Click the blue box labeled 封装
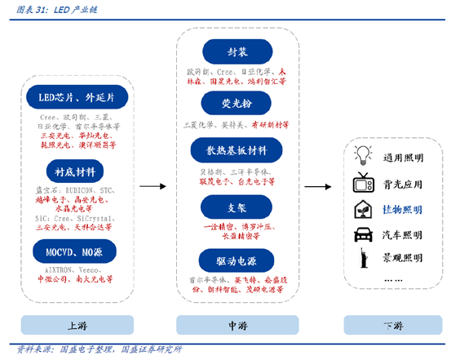tap(237, 52)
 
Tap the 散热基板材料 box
tap(237, 151)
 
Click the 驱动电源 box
tap(237, 260)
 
